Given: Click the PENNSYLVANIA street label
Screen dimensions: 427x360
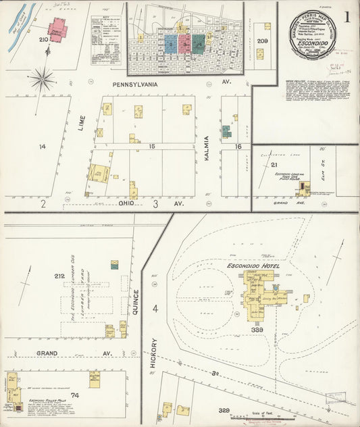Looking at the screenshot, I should (135, 84).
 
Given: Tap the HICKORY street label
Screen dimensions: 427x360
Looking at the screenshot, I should (154, 351).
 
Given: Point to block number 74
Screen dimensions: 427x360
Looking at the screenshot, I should (74, 396).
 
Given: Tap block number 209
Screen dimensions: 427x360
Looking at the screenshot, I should (263, 41).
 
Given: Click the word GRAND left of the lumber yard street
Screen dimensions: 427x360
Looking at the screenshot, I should (28, 353).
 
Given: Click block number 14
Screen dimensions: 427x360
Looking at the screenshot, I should (41, 147).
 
